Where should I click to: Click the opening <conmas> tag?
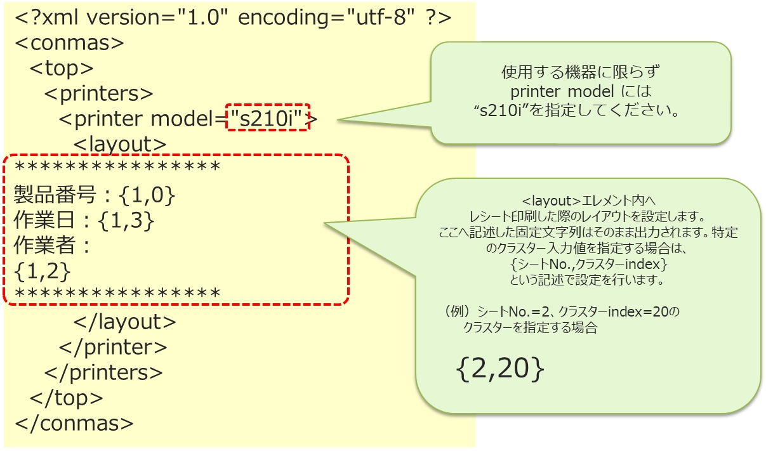(69, 43)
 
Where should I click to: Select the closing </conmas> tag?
(74, 423)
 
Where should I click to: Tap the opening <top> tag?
(62, 69)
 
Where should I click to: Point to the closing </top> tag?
(67, 398)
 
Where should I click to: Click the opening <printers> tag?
(99, 94)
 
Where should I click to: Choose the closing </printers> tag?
(103, 373)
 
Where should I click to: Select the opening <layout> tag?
(120, 145)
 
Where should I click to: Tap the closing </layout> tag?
(125, 322)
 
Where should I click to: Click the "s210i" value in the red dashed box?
(267, 118)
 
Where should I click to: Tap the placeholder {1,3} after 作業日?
(127, 220)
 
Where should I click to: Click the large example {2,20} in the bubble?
(499, 369)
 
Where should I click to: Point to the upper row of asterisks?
(117, 168)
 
